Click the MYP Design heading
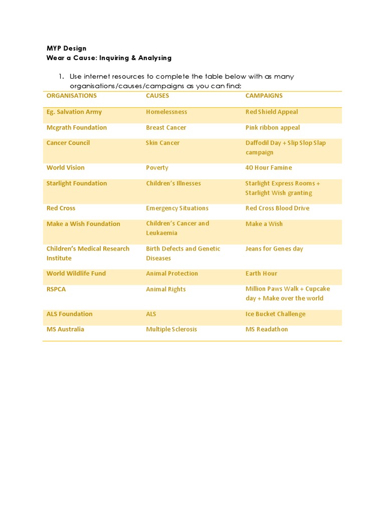(66, 49)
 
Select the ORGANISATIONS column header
(71, 96)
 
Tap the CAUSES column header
(157, 96)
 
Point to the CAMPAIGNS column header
(264, 96)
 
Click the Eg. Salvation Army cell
(74, 112)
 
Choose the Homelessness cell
(166, 112)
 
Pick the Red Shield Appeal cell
(271, 112)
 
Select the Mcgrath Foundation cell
(77, 128)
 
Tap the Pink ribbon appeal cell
(272, 128)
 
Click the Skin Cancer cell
(162, 143)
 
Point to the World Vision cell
(66, 168)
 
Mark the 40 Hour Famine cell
(268, 168)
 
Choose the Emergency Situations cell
(177, 208)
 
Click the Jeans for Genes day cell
(274, 249)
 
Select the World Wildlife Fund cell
(76, 274)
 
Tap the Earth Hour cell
(261, 274)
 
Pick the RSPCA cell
(56, 290)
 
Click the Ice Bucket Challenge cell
(275, 314)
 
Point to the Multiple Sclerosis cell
(171, 330)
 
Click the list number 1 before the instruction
(61, 77)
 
